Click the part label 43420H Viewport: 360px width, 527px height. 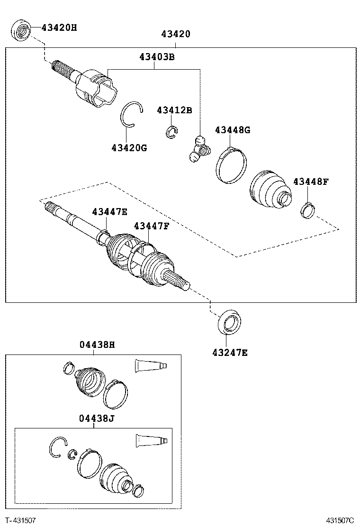(x=59, y=27)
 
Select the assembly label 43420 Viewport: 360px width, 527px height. (x=175, y=34)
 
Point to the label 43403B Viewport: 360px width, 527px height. (x=157, y=57)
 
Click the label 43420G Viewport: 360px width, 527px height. (x=129, y=147)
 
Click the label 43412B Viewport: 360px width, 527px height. (x=174, y=110)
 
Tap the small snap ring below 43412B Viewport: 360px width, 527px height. (x=171, y=133)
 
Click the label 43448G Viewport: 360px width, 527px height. (x=232, y=130)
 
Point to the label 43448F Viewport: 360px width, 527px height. (x=310, y=182)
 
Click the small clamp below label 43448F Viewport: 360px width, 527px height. (x=307, y=209)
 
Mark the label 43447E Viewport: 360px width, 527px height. (x=109, y=212)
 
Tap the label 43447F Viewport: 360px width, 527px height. (x=151, y=226)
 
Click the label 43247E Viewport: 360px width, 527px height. (x=230, y=352)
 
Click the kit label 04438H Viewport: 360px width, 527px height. (x=97, y=345)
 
